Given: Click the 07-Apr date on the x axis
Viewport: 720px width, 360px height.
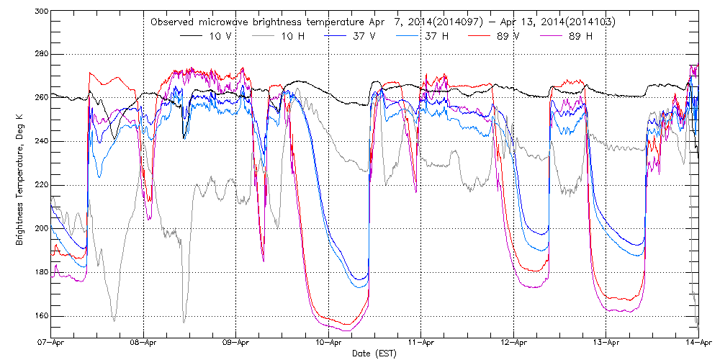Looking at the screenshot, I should pos(52,343).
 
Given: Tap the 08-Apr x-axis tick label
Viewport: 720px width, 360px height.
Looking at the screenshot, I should pos(144,343).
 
